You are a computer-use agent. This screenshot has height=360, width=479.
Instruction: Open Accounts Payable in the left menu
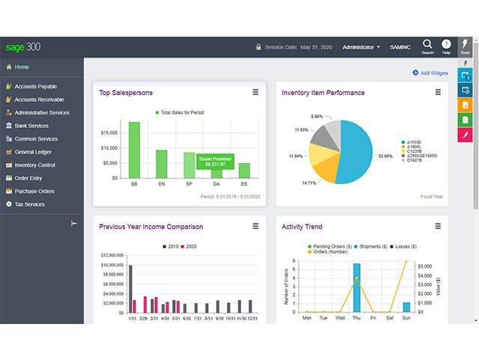[x=35, y=86]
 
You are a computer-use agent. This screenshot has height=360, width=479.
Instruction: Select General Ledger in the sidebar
[x=33, y=151]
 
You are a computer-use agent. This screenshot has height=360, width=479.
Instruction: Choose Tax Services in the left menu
[x=30, y=204]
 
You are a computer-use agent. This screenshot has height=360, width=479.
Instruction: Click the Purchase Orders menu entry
[x=34, y=191]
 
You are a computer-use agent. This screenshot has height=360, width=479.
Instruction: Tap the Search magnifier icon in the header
[x=427, y=44]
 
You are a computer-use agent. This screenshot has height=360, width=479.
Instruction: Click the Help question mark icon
[x=446, y=45]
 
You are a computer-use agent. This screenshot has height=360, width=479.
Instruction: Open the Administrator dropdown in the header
[x=361, y=47]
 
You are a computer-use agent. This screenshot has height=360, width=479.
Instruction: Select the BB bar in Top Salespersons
[x=134, y=150]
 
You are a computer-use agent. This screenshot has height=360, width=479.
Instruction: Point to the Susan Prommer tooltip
[x=215, y=161]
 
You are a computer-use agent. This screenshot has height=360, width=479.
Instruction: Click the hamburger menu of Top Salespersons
[x=255, y=92]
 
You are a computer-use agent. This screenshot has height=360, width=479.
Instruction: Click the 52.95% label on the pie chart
[x=385, y=156]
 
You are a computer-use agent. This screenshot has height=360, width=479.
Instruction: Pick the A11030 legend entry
[x=414, y=141]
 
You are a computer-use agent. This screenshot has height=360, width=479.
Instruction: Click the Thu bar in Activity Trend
[x=356, y=287]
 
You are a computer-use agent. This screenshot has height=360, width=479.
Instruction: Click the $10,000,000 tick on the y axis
[x=111, y=265]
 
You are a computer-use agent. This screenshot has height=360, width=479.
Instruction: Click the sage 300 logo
[x=23, y=47]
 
